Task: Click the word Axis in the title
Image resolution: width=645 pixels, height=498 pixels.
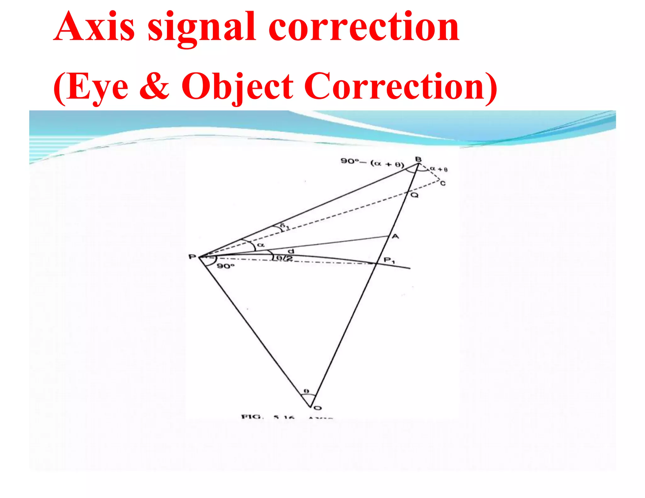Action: [x=94, y=27]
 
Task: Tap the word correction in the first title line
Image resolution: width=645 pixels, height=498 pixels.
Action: [x=364, y=27]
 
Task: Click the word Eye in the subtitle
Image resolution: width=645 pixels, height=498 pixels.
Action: [x=98, y=87]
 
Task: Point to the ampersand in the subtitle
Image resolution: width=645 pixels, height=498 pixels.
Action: [x=154, y=86]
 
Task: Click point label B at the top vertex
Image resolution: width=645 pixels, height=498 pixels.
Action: [x=418, y=159]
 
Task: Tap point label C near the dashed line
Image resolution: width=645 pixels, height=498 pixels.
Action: [x=443, y=183]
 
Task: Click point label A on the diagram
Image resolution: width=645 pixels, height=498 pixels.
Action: [x=395, y=236]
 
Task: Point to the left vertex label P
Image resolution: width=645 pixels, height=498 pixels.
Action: [x=192, y=257]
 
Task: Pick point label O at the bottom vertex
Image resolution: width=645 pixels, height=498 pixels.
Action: [x=318, y=408]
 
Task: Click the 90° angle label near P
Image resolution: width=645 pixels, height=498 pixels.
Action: [x=226, y=266]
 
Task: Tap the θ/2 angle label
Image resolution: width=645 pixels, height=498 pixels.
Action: [x=284, y=258]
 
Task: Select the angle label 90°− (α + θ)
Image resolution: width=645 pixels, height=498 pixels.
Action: [x=372, y=162]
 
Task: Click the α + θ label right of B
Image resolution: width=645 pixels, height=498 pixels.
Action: [x=439, y=169]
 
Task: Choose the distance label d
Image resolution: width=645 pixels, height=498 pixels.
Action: [x=291, y=251]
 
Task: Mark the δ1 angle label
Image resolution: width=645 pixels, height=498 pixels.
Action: [x=284, y=226]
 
